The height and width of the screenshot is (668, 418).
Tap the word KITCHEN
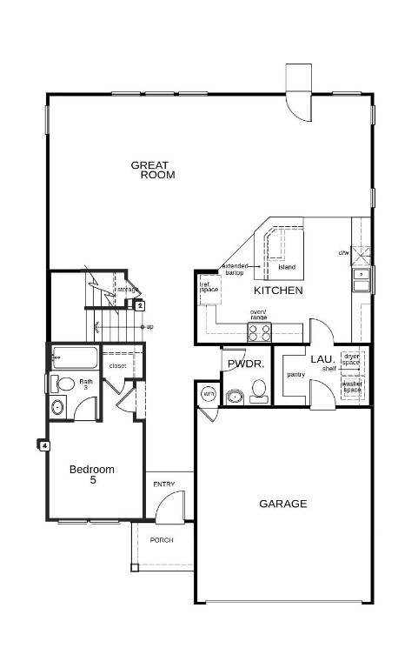coord(278,291)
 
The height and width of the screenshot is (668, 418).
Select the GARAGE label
coord(282,504)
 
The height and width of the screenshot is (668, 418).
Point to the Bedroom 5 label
coord(92,475)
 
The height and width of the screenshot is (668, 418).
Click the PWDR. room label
coord(245,364)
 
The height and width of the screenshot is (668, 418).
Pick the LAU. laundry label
coord(322,358)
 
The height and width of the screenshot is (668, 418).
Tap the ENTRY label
coord(163,484)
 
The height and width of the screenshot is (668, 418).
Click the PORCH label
coord(162,540)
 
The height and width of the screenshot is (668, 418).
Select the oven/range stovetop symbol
coord(260,331)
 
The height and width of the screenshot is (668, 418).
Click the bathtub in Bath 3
coord(75,357)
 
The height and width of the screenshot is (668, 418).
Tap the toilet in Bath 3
coord(64,384)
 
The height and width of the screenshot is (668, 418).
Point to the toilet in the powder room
coord(259,397)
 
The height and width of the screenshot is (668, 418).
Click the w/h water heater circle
coord(209,394)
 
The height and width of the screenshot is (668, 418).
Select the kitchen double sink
coord(361,279)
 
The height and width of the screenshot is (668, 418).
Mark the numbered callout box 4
coord(43,445)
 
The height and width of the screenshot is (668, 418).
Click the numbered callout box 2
coord(139,304)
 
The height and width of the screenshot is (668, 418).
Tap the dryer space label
coord(351,358)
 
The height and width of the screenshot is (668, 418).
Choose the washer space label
coord(352,386)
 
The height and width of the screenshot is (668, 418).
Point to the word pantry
coord(295,374)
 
